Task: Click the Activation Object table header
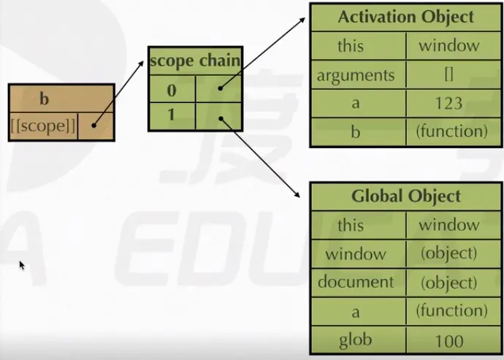405,17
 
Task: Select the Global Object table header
405,196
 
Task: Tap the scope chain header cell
195,61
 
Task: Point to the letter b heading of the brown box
44,99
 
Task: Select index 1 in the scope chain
172,115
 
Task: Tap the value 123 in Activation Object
448,103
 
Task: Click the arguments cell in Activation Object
355,74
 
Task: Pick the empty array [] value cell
448,74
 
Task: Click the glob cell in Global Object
355,340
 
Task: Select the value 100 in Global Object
448,340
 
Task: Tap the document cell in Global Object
355,282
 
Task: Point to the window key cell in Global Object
355,253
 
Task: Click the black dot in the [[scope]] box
94,125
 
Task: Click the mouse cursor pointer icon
22,265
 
